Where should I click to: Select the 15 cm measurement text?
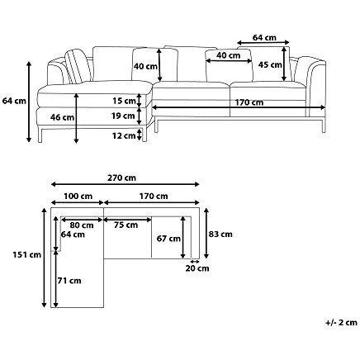tap(123, 101)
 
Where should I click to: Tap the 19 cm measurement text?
tap(123, 117)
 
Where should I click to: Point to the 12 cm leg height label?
tap(123, 136)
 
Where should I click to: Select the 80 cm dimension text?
tap(81, 224)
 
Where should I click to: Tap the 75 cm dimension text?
tap(126, 224)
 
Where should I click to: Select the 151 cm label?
tap(19, 254)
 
